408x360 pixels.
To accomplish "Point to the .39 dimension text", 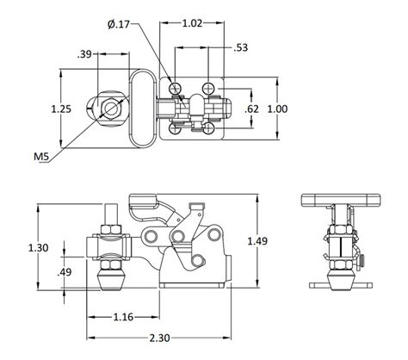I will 85,55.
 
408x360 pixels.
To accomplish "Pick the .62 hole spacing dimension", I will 251,109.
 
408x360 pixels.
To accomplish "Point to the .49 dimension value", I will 65,272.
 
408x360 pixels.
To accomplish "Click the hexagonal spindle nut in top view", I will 109,109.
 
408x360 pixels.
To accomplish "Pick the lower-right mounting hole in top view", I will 208,128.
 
